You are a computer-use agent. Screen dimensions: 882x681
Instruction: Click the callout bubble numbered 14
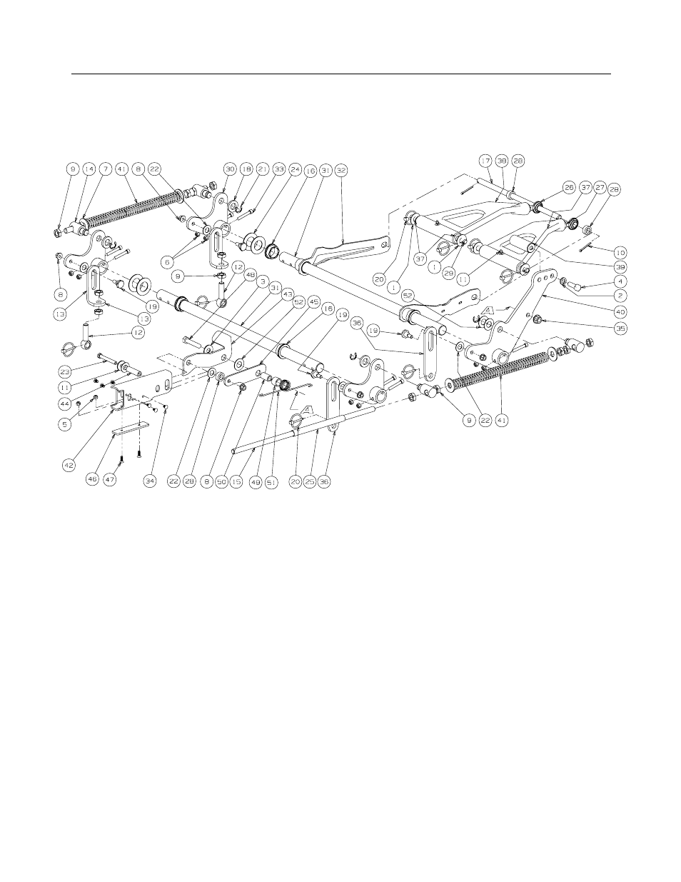pos(89,169)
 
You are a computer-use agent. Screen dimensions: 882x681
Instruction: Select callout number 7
pos(105,169)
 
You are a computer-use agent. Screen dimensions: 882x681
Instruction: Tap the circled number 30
pos(229,169)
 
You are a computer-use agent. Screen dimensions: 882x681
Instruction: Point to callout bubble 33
pos(278,169)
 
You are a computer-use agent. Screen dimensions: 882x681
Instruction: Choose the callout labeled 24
pos(294,169)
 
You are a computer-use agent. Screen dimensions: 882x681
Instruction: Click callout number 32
pos(341,170)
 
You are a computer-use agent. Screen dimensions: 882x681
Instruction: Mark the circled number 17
pos(485,161)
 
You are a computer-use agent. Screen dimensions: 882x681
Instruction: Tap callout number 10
pos(620,251)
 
